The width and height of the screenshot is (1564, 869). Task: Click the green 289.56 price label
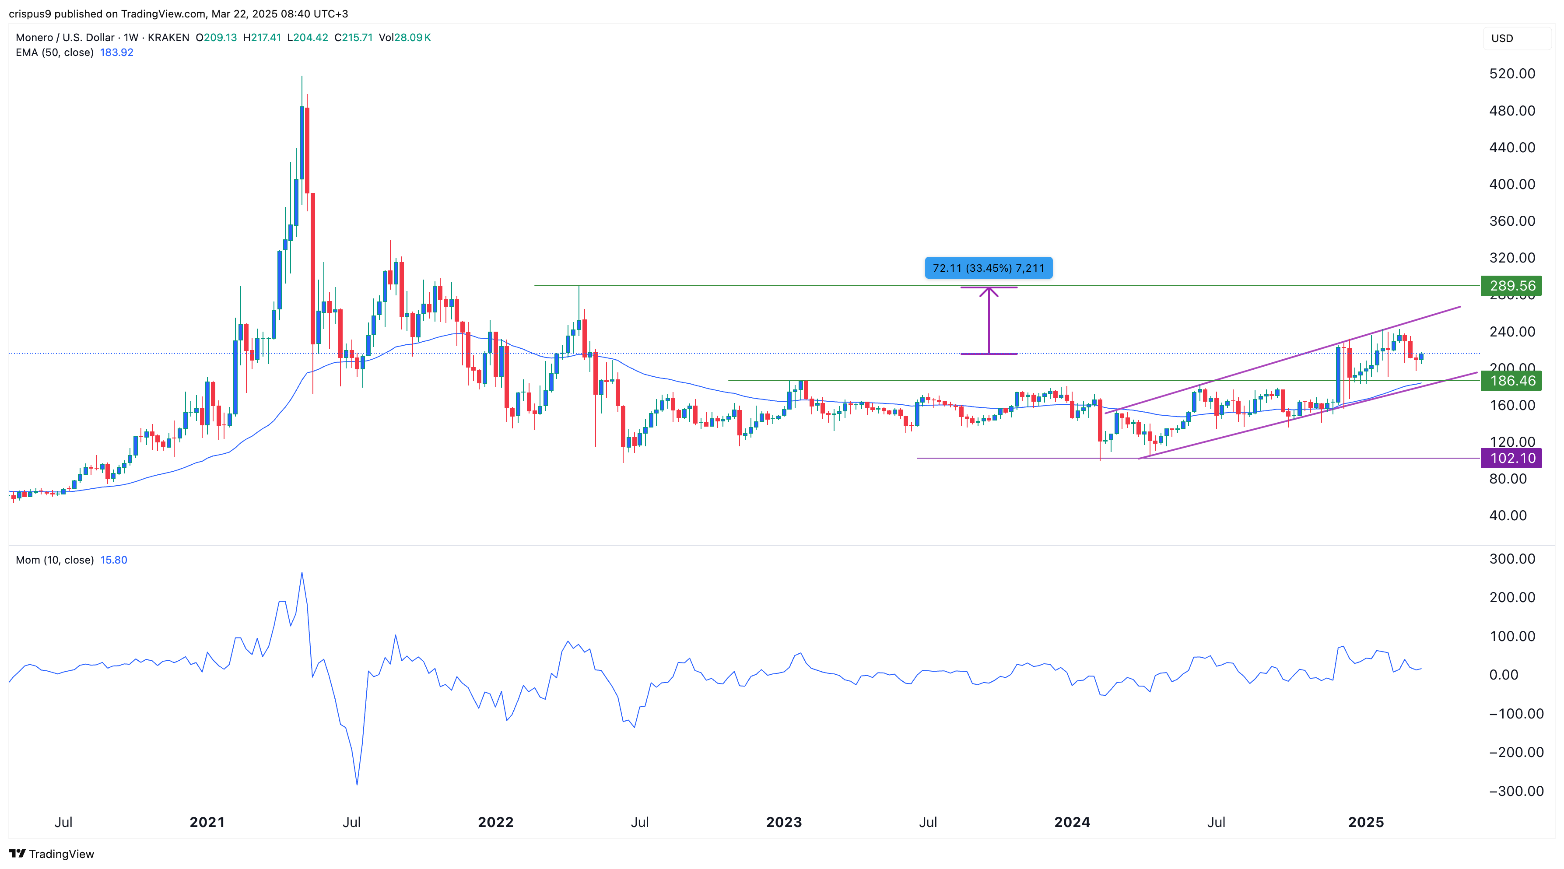coord(1511,285)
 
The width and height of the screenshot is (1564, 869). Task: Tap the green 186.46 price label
coord(1511,381)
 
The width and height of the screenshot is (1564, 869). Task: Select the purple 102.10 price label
coord(1511,458)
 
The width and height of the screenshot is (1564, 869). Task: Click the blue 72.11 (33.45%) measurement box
coord(989,268)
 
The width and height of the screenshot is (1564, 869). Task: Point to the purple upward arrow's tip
coord(989,288)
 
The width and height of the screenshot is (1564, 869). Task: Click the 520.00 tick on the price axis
coord(1512,74)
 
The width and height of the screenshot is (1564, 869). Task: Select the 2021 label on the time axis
coord(207,822)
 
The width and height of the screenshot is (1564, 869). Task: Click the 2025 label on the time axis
coord(1365,822)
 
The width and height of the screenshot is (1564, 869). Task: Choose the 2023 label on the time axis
coord(784,822)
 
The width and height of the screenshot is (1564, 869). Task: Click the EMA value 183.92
coord(116,52)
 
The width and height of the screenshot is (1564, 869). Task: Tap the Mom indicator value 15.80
coord(113,560)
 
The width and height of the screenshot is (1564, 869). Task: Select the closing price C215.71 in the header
coord(353,37)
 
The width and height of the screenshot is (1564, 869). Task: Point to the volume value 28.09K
coord(412,37)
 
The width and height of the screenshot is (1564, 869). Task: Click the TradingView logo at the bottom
coord(52,854)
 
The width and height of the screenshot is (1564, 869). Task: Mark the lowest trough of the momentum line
coord(357,785)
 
